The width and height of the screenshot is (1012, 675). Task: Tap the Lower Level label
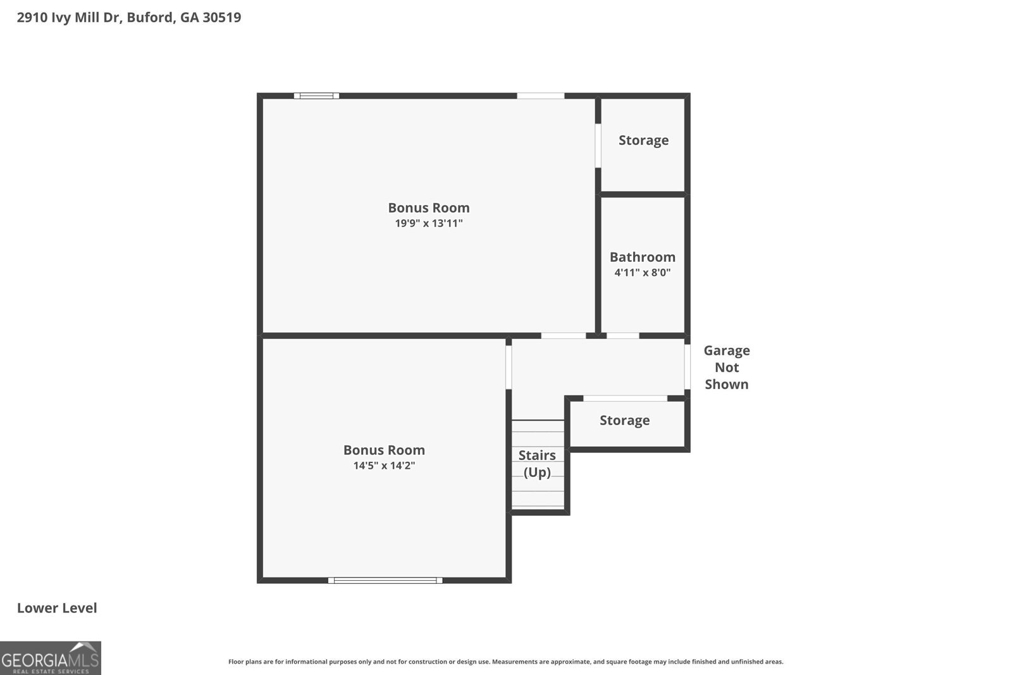coord(57,608)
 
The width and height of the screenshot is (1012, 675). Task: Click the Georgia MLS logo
coord(50,659)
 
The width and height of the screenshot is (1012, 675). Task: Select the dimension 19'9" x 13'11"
coord(429,223)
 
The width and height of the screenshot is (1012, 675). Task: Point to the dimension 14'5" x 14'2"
coord(384,466)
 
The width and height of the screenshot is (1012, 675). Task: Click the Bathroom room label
coord(642,257)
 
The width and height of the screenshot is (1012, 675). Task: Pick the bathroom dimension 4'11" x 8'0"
coord(642,273)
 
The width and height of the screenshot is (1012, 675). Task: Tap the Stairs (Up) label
coord(537,464)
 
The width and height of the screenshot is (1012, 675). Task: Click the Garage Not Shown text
coord(726,367)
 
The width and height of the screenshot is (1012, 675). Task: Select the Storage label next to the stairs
coord(624,421)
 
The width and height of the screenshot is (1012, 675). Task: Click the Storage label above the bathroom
coord(643,140)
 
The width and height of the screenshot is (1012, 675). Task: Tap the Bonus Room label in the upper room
coord(429,207)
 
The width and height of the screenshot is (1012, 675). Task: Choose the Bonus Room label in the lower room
coord(384,450)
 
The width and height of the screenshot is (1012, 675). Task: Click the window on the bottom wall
coord(385,580)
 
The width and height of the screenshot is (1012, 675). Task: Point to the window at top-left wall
coord(316,96)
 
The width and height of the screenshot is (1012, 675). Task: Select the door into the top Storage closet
coord(598,146)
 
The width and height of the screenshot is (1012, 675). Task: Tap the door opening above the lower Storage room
coord(625,399)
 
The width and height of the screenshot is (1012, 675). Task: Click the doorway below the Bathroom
coord(622,335)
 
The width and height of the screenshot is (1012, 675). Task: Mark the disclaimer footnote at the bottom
coord(505,662)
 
